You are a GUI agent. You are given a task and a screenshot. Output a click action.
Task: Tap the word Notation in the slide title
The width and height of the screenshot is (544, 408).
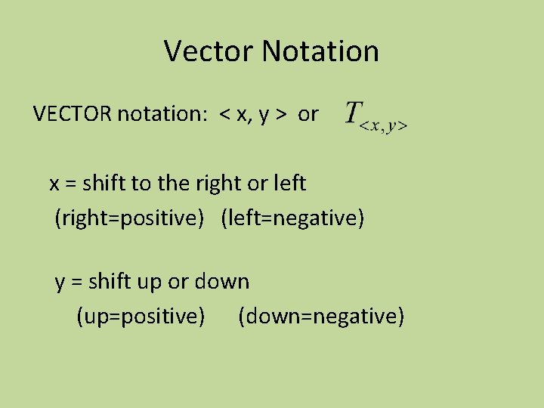pyautogui.click(x=320, y=51)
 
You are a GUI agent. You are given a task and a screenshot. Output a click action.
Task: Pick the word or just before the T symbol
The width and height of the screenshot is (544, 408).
pyautogui.click(x=308, y=114)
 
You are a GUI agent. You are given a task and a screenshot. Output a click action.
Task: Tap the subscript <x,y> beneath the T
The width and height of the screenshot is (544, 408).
pyautogui.click(x=384, y=127)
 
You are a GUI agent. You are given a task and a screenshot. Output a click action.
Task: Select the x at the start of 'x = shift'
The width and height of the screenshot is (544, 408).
pyautogui.click(x=54, y=184)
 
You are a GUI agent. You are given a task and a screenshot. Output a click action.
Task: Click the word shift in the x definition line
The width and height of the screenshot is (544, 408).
pyautogui.click(x=103, y=183)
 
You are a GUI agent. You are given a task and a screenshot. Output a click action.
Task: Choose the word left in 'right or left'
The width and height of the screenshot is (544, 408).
pyautogui.click(x=288, y=183)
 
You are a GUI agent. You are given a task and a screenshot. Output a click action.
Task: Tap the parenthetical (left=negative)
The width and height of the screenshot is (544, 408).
pyautogui.click(x=293, y=218)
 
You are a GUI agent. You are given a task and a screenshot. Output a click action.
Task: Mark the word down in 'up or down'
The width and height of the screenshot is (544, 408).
pyautogui.click(x=222, y=281)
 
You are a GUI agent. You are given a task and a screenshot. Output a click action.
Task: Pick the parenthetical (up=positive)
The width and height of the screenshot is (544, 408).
pyautogui.click(x=141, y=316)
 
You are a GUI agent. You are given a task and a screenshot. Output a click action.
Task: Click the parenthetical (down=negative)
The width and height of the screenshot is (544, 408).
pyautogui.click(x=321, y=316)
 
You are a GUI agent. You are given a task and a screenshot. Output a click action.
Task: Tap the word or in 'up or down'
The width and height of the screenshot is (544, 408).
pyautogui.click(x=178, y=282)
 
